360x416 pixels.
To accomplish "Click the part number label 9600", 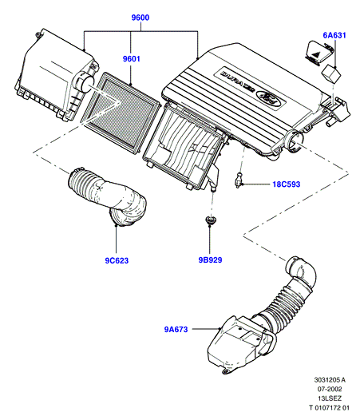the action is click(140, 18).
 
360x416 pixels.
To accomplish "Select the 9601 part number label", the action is click(131, 58).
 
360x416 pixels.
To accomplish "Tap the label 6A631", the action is click(334, 35).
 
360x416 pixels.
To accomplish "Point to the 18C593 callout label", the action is click(287, 184).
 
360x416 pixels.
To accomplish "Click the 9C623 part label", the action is click(117, 260).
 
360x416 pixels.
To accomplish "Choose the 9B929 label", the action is click(210, 260).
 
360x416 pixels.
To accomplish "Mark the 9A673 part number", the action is click(176, 329).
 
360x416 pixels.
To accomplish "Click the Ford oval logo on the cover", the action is click(269, 97).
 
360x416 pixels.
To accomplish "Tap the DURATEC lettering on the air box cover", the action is click(238, 81).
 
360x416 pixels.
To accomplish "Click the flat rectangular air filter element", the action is click(121, 113).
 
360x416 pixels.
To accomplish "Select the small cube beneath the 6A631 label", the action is click(331, 74).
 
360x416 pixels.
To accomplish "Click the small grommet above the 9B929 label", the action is click(210, 220).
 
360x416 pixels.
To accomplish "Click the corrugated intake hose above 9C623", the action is click(108, 196).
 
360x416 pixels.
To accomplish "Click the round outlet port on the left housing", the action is click(85, 82).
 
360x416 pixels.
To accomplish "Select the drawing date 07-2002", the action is click(330, 389).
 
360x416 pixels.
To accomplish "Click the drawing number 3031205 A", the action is click(330, 380).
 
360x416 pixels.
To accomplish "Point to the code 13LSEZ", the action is click(330, 398).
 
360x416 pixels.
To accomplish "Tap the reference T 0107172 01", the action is click(329, 408).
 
